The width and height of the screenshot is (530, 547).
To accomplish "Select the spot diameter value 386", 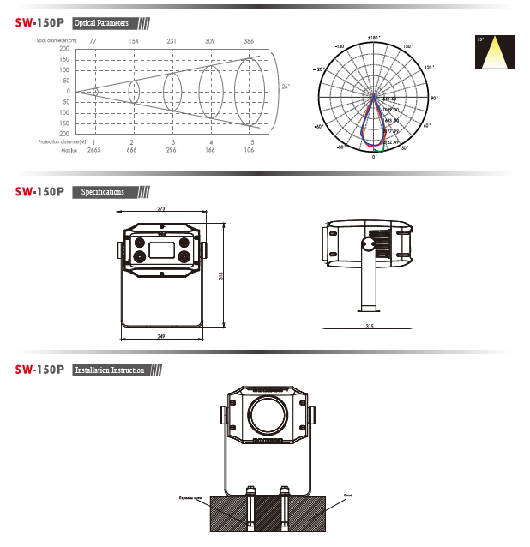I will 250,40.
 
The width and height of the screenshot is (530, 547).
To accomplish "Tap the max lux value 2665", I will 94,149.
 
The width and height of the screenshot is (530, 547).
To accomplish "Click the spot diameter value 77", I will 93,40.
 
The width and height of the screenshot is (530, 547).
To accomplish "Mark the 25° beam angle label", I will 286,87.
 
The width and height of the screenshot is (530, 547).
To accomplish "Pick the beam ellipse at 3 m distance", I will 172,90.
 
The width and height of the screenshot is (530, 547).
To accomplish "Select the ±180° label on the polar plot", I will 374,38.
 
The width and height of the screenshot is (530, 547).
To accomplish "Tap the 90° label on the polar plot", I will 435,99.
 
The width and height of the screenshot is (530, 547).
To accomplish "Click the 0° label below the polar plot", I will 374,158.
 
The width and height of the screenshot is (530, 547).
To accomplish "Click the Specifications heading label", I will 102,192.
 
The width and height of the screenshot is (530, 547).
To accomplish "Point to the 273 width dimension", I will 161,208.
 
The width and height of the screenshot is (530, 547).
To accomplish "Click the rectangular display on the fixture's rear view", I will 161,249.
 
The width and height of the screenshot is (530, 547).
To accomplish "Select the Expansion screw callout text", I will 191,496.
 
